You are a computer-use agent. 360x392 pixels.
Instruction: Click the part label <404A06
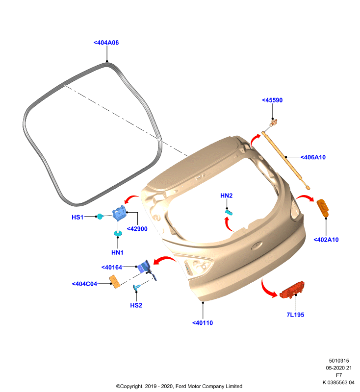click(x=106, y=43)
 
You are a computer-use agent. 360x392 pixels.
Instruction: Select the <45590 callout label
click(x=272, y=100)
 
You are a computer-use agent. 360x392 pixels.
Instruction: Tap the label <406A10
click(x=313, y=157)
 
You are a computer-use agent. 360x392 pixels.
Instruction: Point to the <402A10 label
click(x=326, y=240)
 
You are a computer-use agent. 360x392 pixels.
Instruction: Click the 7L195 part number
click(x=295, y=315)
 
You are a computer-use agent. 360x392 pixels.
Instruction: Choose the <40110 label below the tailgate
click(x=203, y=323)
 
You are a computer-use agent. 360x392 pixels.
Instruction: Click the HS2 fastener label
click(x=136, y=305)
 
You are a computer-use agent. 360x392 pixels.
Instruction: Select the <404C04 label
click(x=84, y=284)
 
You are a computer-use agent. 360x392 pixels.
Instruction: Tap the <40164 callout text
click(x=111, y=268)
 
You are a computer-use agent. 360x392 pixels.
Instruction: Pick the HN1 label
click(x=117, y=253)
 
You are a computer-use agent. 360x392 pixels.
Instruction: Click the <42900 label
click(x=137, y=229)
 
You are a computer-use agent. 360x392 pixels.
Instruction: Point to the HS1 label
click(x=77, y=218)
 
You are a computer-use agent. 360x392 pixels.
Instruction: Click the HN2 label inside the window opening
click(x=227, y=196)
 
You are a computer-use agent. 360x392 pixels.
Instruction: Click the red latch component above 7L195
click(x=292, y=290)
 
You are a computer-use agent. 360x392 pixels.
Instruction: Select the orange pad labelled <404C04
click(x=115, y=282)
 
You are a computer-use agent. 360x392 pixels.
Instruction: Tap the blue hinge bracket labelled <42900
click(x=119, y=213)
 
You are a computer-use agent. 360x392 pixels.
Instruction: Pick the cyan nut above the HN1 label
click(x=118, y=233)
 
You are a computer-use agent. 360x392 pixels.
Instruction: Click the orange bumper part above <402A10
click(x=322, y=207)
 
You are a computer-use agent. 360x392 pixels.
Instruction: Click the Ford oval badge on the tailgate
click(x=257, y=245)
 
